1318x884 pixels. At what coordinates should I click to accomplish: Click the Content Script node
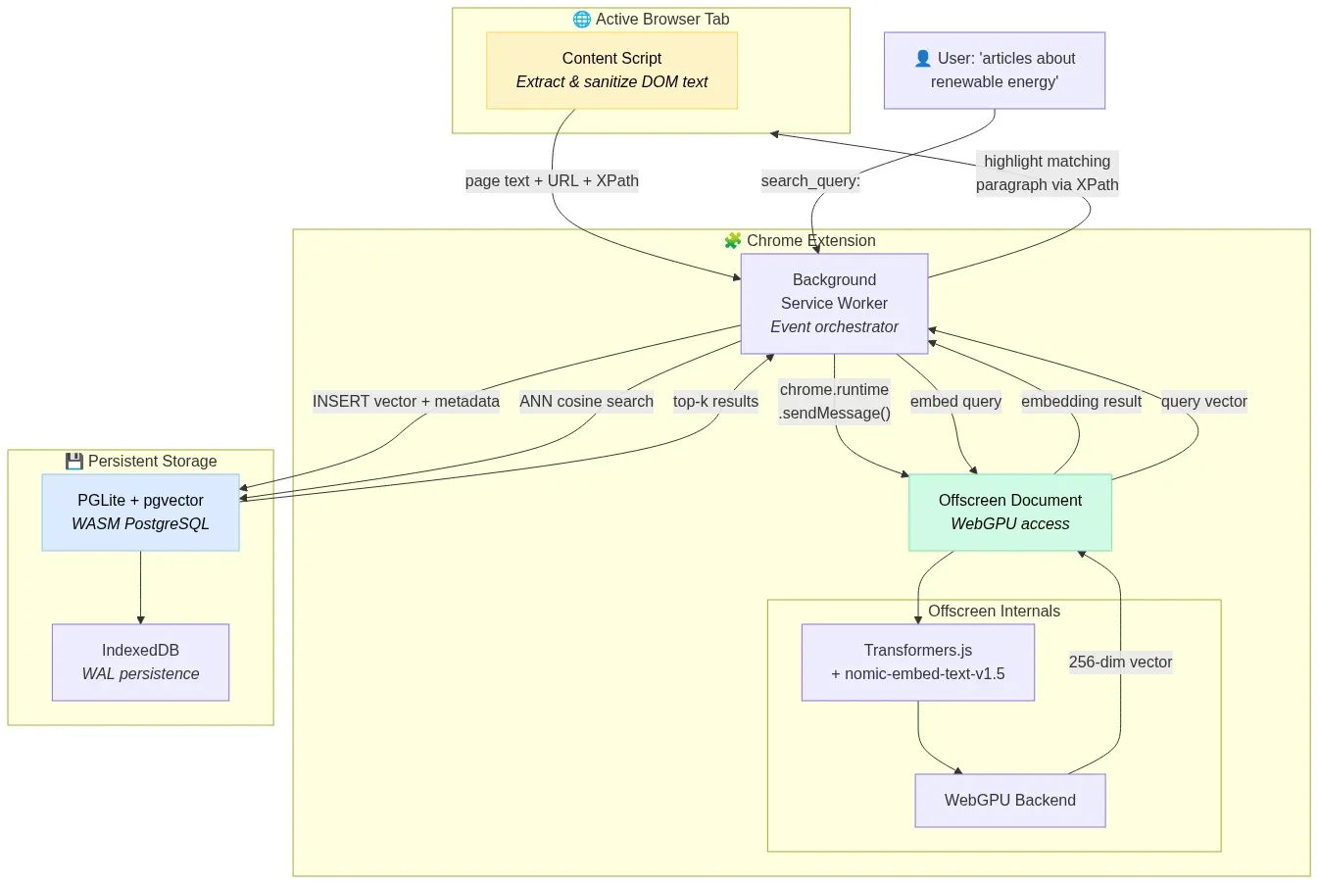pos(611,71)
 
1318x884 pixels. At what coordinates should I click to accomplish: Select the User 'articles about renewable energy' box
pos(994,71)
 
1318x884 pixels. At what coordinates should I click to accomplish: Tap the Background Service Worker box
pos(834,304)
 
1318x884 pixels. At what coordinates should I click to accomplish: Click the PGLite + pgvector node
pos(140,513)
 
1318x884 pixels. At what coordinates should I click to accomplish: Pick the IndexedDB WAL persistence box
pos(140,663)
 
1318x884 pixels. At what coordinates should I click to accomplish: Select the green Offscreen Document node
pos(1009,513)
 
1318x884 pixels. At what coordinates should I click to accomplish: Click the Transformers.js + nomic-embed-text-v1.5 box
pos(917,663)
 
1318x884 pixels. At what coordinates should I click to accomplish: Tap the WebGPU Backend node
pos(1009,801)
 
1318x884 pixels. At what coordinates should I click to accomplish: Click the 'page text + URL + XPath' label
pos(552,181)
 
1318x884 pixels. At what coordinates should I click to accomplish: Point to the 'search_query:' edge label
pos(810,181)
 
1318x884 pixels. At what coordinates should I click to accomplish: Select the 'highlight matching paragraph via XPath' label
pos(1047,173)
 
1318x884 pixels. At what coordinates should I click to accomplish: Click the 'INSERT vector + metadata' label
pos(406,402)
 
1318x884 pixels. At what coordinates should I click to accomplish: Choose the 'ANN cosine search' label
pos(586,402)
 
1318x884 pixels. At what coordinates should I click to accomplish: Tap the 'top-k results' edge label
pos(715,402)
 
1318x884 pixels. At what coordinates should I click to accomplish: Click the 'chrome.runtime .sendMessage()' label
pos(834,402)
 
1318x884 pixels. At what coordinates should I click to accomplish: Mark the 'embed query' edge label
pos(955,402)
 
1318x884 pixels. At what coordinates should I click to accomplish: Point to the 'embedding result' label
pos(1081,402)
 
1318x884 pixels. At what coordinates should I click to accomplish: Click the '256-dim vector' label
pos(1120,663)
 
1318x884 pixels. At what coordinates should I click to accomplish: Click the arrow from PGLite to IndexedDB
pos(140,588)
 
